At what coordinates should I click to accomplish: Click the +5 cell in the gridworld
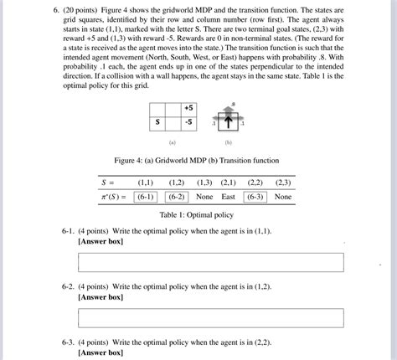tap(188, 109)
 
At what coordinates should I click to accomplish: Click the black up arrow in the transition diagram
tap(227, 121)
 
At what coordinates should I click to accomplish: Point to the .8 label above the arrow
tap(233, 103)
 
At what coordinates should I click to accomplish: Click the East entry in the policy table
tap(228, 197)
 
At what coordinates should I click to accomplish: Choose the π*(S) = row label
tap(110, 197)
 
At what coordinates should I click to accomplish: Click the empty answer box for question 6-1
tap(210, 263)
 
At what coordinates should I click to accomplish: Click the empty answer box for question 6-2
tap(210, 317)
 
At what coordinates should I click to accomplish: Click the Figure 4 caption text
tap(198, 160)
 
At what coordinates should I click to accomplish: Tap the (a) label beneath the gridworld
tap(173, 143)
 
